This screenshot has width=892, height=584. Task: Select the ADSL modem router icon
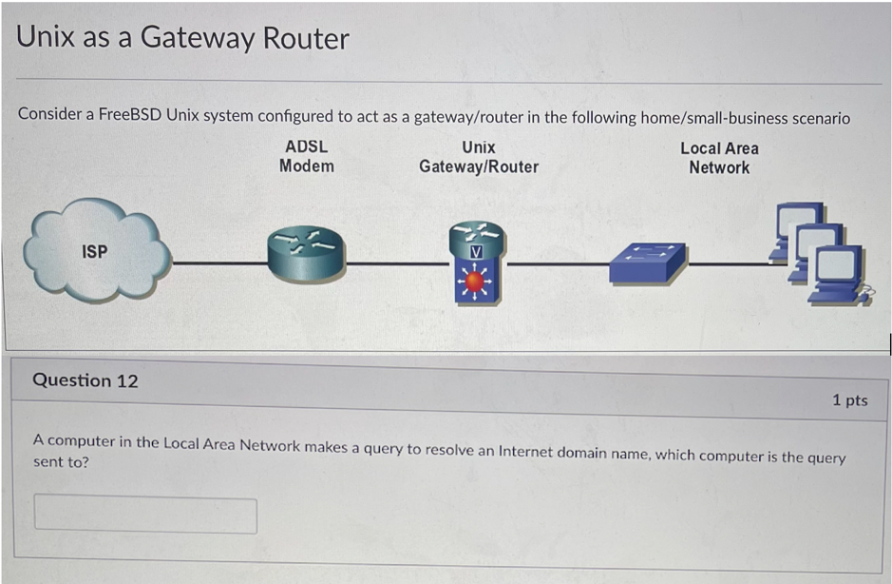click(306, 254)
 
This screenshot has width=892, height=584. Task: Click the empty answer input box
click(145, 515)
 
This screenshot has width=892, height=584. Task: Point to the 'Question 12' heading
click(85, 380)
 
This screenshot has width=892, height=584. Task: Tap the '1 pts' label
click(849, 400)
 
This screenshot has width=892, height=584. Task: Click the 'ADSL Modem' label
click(306, 156)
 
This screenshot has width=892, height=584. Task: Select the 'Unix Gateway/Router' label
click(478, 157)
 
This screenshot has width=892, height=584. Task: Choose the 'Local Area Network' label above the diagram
click(719, 158)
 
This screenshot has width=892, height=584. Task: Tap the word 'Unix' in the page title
click(46, 38)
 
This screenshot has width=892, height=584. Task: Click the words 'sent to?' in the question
click(61, 462)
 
